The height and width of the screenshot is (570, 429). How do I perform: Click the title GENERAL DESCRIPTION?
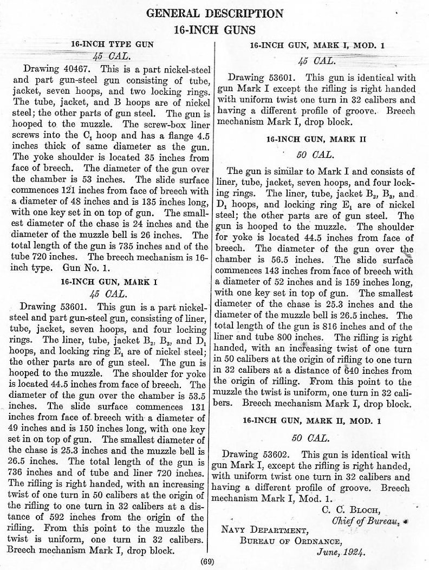[x=215, y=13]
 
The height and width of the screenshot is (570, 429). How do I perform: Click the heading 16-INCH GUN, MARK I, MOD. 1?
[x=318, y=46]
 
